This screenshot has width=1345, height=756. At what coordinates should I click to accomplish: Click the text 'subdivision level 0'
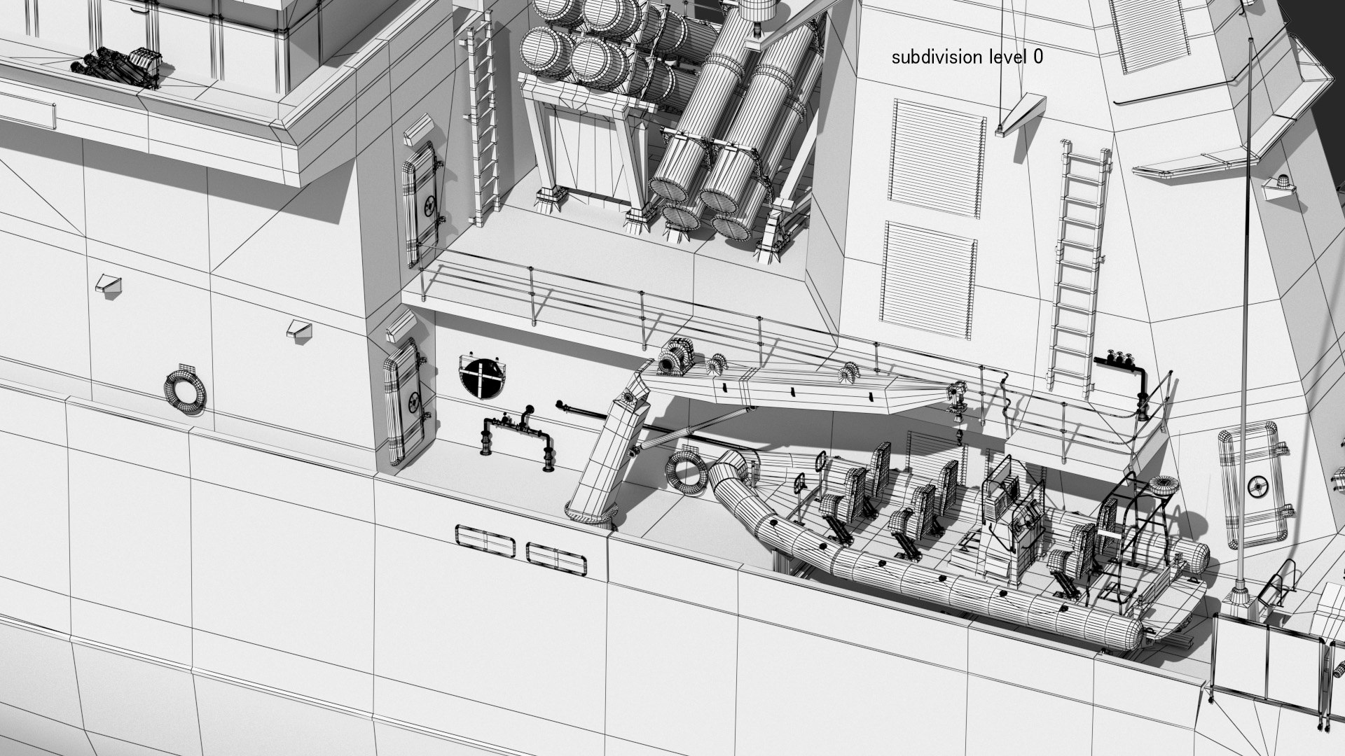[x=967, y=57]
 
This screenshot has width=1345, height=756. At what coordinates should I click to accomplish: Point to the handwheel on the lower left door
[x=413, y=402]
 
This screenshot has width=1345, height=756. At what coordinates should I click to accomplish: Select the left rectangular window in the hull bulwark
[x=485, y=540]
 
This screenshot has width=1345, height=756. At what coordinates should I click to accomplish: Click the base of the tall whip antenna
[x=1238, y=595]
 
